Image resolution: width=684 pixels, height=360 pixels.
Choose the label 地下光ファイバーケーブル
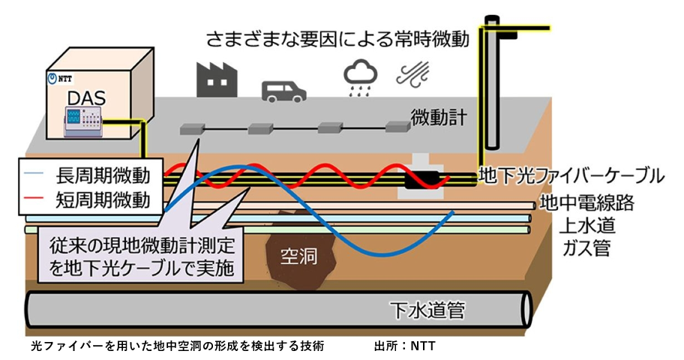tap(571, 177)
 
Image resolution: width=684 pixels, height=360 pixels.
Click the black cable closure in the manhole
tap(421, 181)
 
